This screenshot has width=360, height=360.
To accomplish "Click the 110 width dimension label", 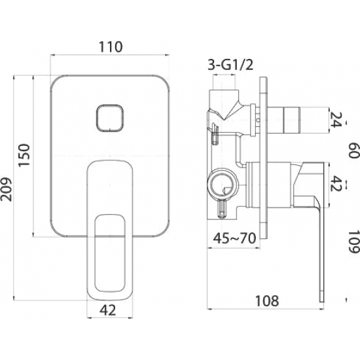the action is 111,46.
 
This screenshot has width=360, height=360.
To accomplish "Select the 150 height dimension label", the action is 24,155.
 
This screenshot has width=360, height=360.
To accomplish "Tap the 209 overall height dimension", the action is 6,189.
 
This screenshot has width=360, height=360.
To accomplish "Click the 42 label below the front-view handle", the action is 108,311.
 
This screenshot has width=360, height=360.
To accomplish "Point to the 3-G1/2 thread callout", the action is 230,65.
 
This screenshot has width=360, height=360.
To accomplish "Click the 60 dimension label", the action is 354,150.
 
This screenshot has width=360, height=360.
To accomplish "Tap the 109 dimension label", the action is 354,242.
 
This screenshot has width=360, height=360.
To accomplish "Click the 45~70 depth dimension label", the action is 234,238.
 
